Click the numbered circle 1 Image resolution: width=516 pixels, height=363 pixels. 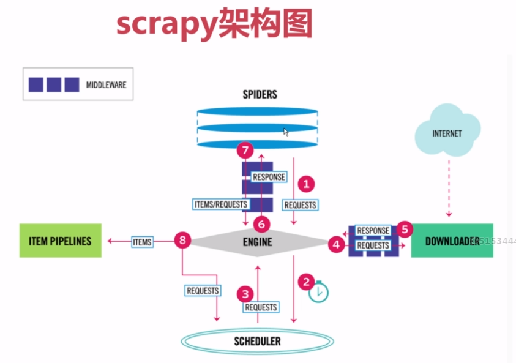(x=305, y=182)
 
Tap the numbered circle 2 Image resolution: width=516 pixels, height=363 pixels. (x=305, y=282)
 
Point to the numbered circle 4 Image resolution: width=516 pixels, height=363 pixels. (x=336, y=244)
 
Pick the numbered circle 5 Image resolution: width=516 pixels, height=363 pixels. (x=404, y=229)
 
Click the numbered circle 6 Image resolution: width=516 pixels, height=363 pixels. (x=261, y=224)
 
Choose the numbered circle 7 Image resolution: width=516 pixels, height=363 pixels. (x=245, y=150)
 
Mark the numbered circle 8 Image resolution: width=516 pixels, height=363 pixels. (x=182, y=240)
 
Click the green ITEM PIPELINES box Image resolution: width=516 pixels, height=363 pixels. (x=60, y=241)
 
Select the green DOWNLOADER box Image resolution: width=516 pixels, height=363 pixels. (x=452, y=241)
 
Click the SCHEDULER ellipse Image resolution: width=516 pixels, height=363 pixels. (x=257, y=341)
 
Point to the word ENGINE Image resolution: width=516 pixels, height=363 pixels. (x=257, y=242)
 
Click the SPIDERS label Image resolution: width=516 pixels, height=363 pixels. (x=260, y=94)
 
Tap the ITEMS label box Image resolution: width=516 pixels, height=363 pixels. (x=142, y=242)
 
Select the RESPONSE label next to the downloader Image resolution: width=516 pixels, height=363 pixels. (x=373, y=231)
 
